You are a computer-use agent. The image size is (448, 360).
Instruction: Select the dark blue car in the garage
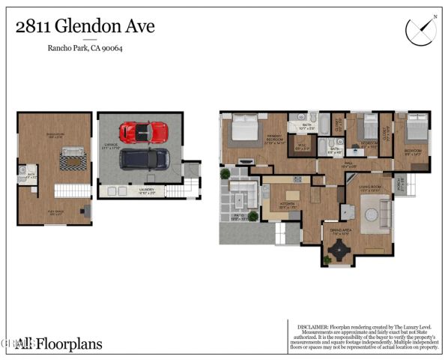[x=145, y=157]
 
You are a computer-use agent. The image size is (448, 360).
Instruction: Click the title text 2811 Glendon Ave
[x=85, y=27]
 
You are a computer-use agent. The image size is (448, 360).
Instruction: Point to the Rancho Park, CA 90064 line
[x=85, y=49]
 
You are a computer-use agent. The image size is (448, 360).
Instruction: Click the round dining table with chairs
[x=340, y=247]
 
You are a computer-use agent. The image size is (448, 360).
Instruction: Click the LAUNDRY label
[x=147, y=190]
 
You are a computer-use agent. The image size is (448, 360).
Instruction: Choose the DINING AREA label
[x=341, y=230]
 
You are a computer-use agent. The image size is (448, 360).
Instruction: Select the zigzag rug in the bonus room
[x=73, y=158]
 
